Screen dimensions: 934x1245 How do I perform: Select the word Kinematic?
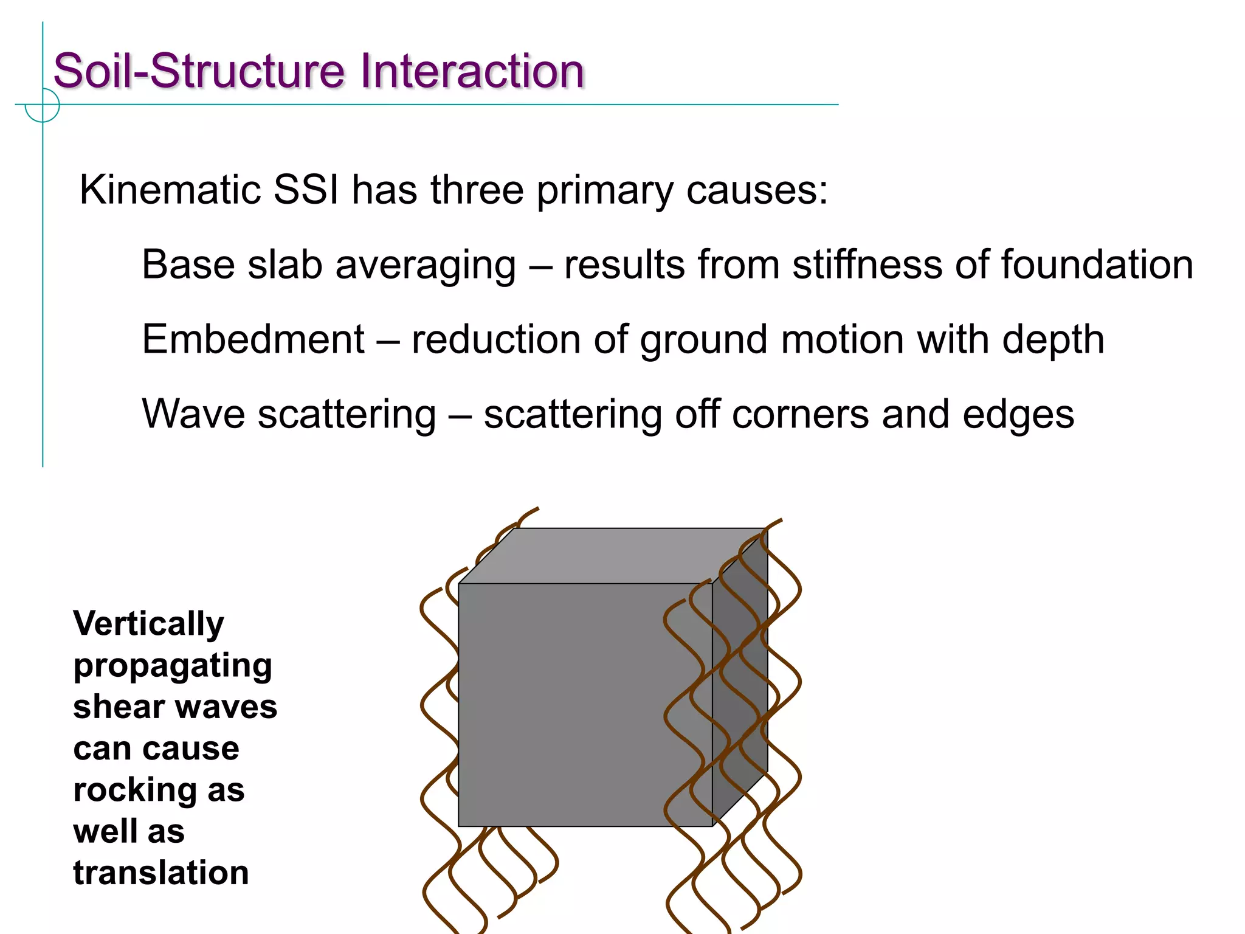coord(170,190)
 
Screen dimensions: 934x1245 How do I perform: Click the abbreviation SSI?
coord(306,190)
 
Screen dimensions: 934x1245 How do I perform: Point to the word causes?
coord(757,191)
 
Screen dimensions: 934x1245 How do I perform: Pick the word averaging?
coord(426,266)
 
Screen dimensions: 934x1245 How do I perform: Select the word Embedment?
coord(253,339)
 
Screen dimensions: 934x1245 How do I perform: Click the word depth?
coord(1053,341)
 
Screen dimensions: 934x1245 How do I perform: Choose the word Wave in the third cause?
coord(193,414)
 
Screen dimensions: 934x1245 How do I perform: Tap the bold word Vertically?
coord(148,624)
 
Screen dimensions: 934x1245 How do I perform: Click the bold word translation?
coord(161,873)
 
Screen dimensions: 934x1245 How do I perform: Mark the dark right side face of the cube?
coord(740,675)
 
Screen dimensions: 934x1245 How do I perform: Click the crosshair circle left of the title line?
coord(43,105)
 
